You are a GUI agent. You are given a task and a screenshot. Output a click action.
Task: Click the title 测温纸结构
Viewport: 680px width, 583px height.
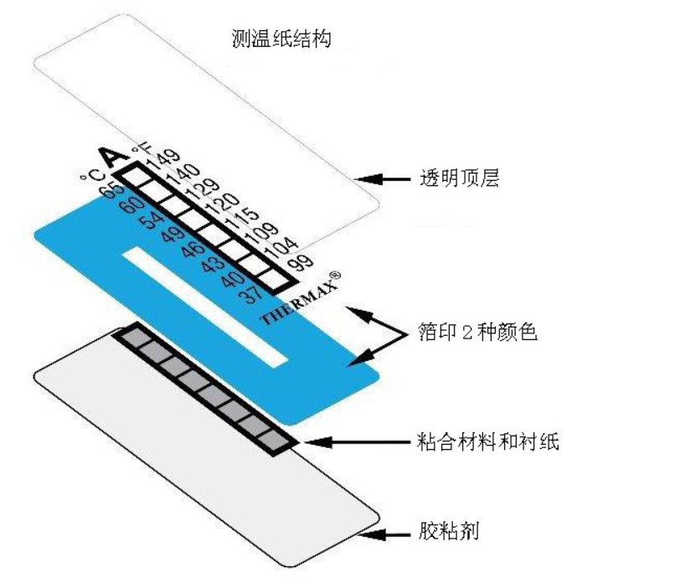[281, 39]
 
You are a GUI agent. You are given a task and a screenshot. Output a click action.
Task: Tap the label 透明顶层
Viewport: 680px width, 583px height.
[459, 178]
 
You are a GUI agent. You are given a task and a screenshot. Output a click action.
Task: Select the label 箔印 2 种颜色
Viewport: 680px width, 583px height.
[478, 333]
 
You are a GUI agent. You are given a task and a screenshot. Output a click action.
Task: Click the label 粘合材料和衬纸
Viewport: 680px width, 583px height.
[488, 442]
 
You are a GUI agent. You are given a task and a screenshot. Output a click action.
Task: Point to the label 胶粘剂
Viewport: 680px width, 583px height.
[448, 530]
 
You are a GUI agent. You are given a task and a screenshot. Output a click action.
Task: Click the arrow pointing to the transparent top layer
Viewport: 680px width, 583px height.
[382, 178]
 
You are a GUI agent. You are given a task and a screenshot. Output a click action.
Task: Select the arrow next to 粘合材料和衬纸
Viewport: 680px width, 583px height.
[357, 442]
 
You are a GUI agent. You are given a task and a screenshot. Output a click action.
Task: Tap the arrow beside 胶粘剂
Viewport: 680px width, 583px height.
[384, 534]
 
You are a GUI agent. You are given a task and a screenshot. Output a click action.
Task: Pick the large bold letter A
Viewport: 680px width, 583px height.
[112, 157]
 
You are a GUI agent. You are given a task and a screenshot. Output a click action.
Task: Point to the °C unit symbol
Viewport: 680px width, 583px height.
[93, 176]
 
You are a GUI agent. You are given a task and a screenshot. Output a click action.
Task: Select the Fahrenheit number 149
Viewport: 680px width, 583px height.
[163, 160]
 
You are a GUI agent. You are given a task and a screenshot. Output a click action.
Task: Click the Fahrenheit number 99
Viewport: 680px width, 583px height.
[301, 262]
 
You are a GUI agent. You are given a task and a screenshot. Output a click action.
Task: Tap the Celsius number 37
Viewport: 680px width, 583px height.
[252, 295]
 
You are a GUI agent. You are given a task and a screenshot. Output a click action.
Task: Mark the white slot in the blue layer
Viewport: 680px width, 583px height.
[205, 307]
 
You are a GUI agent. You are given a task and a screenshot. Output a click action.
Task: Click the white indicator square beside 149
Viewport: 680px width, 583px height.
[137, 175]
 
